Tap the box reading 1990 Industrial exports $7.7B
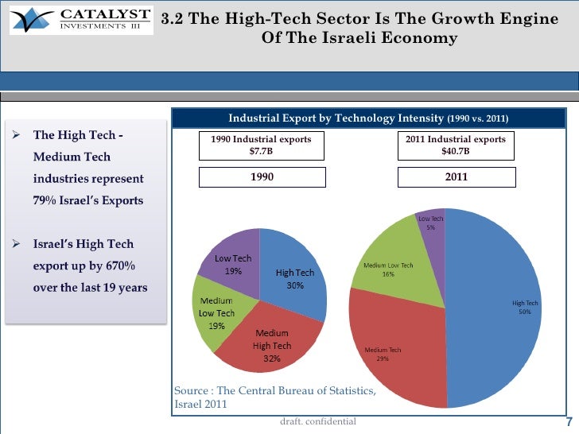click(261, 145)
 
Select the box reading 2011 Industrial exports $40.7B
click(455, 145)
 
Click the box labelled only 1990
click(261, 177)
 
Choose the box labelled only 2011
click(455, 177)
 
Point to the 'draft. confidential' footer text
click(318, 420)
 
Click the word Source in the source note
click(191, 390)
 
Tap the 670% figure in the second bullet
click(117, 265)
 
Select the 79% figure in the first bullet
click(45, 200)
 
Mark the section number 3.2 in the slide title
click(173, 20)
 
